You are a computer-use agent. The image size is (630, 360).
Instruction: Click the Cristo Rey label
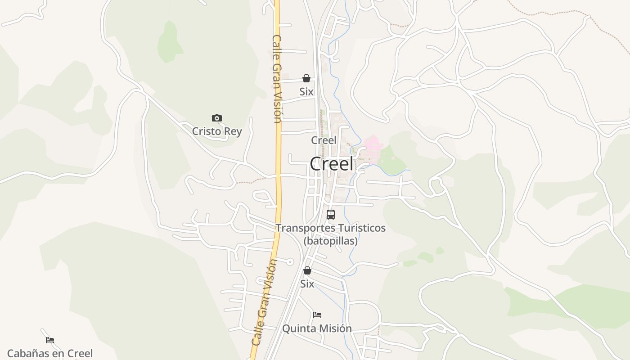tap(217, 131)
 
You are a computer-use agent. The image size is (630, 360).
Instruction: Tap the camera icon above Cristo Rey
tap(217, 118)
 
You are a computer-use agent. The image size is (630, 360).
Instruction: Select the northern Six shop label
tap(306, 91)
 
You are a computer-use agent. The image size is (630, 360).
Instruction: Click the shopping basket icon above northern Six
tap(306, 78)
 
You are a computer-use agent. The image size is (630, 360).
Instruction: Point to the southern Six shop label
tap(307, 284)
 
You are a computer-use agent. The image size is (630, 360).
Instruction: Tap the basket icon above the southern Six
tap(307, 270)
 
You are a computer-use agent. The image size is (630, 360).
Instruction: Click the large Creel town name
tap(332, 164)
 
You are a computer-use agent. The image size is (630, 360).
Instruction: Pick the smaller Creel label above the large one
tap(324, 140)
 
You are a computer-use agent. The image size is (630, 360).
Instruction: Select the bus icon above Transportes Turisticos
tap(331, 215)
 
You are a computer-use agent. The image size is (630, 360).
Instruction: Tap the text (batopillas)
tap(331, 241)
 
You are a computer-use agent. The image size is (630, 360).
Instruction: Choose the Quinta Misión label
tap(317, 328)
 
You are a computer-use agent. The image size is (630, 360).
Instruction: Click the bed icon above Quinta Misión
tap(317, 315)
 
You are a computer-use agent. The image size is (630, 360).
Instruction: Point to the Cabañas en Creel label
tap(50, 354)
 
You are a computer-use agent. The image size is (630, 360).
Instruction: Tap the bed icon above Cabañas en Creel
tap(50, 340)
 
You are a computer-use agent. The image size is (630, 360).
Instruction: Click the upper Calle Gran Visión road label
tap(277, 79)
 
